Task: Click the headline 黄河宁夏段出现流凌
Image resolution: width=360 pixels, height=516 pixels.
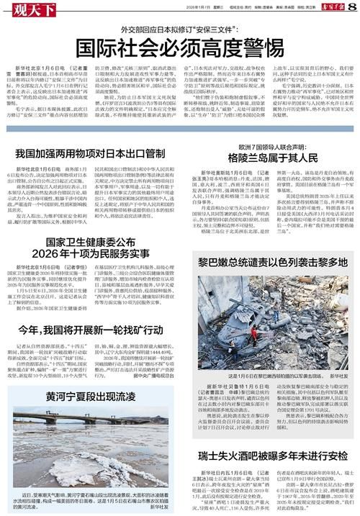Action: click(91, 397)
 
